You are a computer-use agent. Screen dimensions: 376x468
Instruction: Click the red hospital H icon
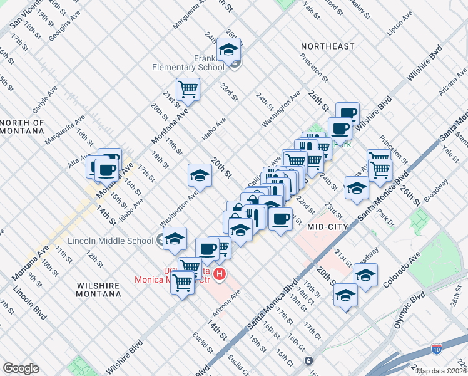(220, 274)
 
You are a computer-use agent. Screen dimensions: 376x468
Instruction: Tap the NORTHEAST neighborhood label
(327, 46)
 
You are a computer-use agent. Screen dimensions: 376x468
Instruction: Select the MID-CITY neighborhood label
(328, 227)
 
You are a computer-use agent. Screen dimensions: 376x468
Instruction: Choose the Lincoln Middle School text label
(110, 241)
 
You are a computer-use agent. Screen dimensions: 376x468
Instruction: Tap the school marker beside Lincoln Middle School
(175, 239)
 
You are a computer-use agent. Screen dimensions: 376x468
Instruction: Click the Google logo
(21, 368)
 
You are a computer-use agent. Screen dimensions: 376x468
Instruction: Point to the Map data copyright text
(442, 371)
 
